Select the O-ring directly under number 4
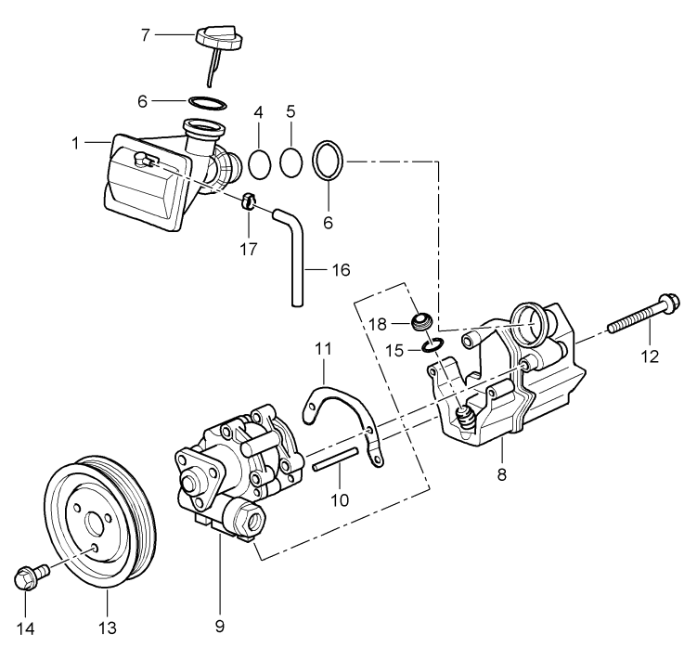click(260, 163)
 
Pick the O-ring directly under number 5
click(291, 163)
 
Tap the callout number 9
click(219, 626)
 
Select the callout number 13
click(108, 628)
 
